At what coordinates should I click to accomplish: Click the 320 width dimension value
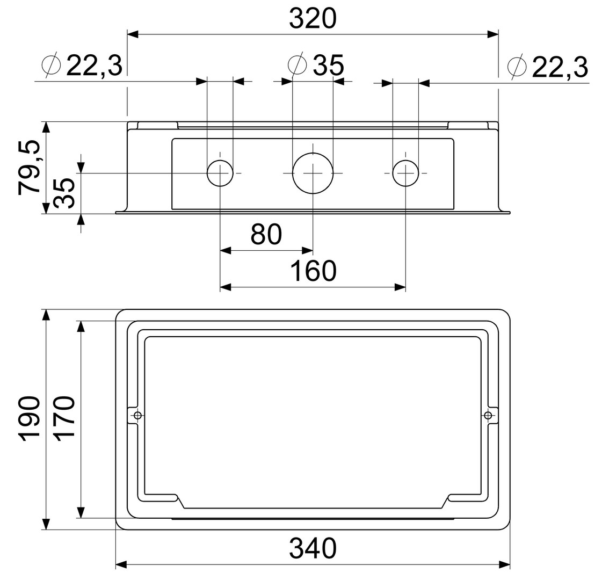tap(313, 19)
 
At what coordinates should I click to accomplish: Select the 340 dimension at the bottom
tap(313, 548)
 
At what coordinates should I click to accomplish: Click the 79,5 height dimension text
tap(30, 168)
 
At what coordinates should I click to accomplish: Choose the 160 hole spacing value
tap(313, 271)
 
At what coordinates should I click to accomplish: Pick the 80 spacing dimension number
tap(266, 234)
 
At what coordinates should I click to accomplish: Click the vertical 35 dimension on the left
tap(64, 193)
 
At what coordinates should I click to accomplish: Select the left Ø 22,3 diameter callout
tap(82, 66)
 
